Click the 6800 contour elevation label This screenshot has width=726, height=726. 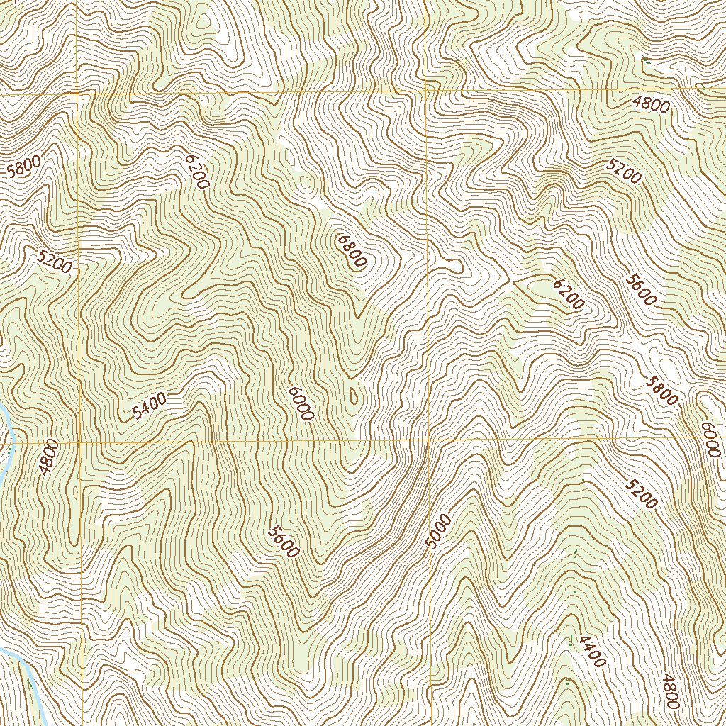(x=352, y=252)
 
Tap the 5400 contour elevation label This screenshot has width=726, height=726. (x=150, y=407)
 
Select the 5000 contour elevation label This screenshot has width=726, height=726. (x=439, y=532)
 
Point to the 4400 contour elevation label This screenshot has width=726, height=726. (x=591, y=651)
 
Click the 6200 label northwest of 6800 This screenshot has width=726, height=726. (x=196, y=171)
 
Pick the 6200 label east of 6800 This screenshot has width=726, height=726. (x=568, y=294)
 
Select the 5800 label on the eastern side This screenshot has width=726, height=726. (x=661, y=390)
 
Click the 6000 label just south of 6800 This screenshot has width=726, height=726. (x=301, y=403)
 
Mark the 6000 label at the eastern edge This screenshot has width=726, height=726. (x=710, y=440)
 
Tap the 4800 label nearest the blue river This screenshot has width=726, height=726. (x=48, y=457)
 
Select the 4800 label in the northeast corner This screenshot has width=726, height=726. (x=651, y=106)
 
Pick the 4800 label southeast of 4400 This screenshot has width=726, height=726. (x=671, y=691)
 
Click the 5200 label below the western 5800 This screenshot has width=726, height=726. (x=55, y=262)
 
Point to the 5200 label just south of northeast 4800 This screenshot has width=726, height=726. (x=624, y=171)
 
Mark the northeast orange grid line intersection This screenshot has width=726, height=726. (x=427, y=91)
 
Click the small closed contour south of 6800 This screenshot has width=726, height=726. (x=354, y=395)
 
